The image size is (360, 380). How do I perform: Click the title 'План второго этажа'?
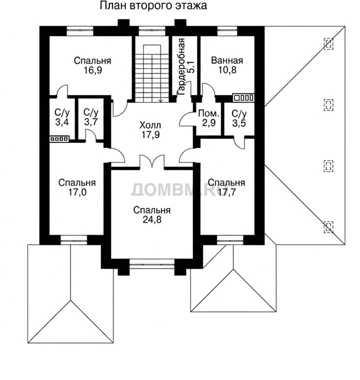point(153,5)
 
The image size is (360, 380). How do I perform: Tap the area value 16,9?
point(92,70)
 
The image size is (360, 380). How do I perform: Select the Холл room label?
point(150,125)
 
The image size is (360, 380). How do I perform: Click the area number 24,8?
point(152,219)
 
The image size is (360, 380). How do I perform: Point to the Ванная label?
point(227,60)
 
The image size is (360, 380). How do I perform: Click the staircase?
point(152,73)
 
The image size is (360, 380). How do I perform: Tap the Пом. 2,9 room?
point(208,118)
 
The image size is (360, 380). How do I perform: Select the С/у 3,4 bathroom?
point(62,117)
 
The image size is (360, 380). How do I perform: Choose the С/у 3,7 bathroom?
point(91,117)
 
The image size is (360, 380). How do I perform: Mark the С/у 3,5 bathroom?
point(239,118)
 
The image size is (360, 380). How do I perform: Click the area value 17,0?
point(77,192)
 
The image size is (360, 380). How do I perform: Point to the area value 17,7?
point(226,192)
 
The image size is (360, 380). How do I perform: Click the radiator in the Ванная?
point(243,97)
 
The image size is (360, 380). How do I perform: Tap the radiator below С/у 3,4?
point(59,139)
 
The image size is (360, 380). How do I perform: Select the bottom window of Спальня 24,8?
point(152,263)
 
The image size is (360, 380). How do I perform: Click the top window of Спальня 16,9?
point(80,31)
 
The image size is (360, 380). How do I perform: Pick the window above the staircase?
point(152,31)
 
